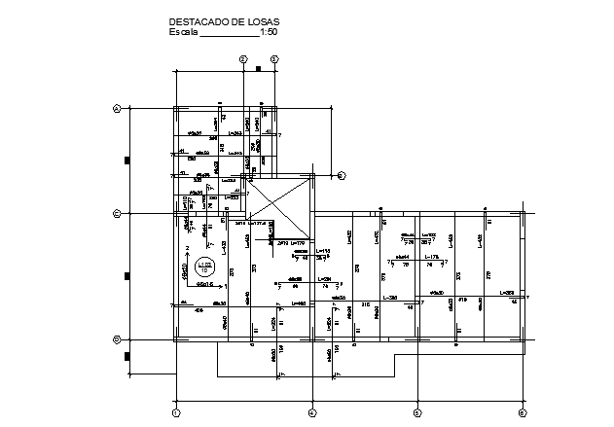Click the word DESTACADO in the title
tap(195, 21)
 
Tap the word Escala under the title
tap(183, 32)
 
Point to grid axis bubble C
tap(116, 212)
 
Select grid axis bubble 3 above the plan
tap(274, 59)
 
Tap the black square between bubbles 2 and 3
tap(259, 69)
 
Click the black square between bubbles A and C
tap(126, 160)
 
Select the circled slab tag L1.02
tap(204, 266)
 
